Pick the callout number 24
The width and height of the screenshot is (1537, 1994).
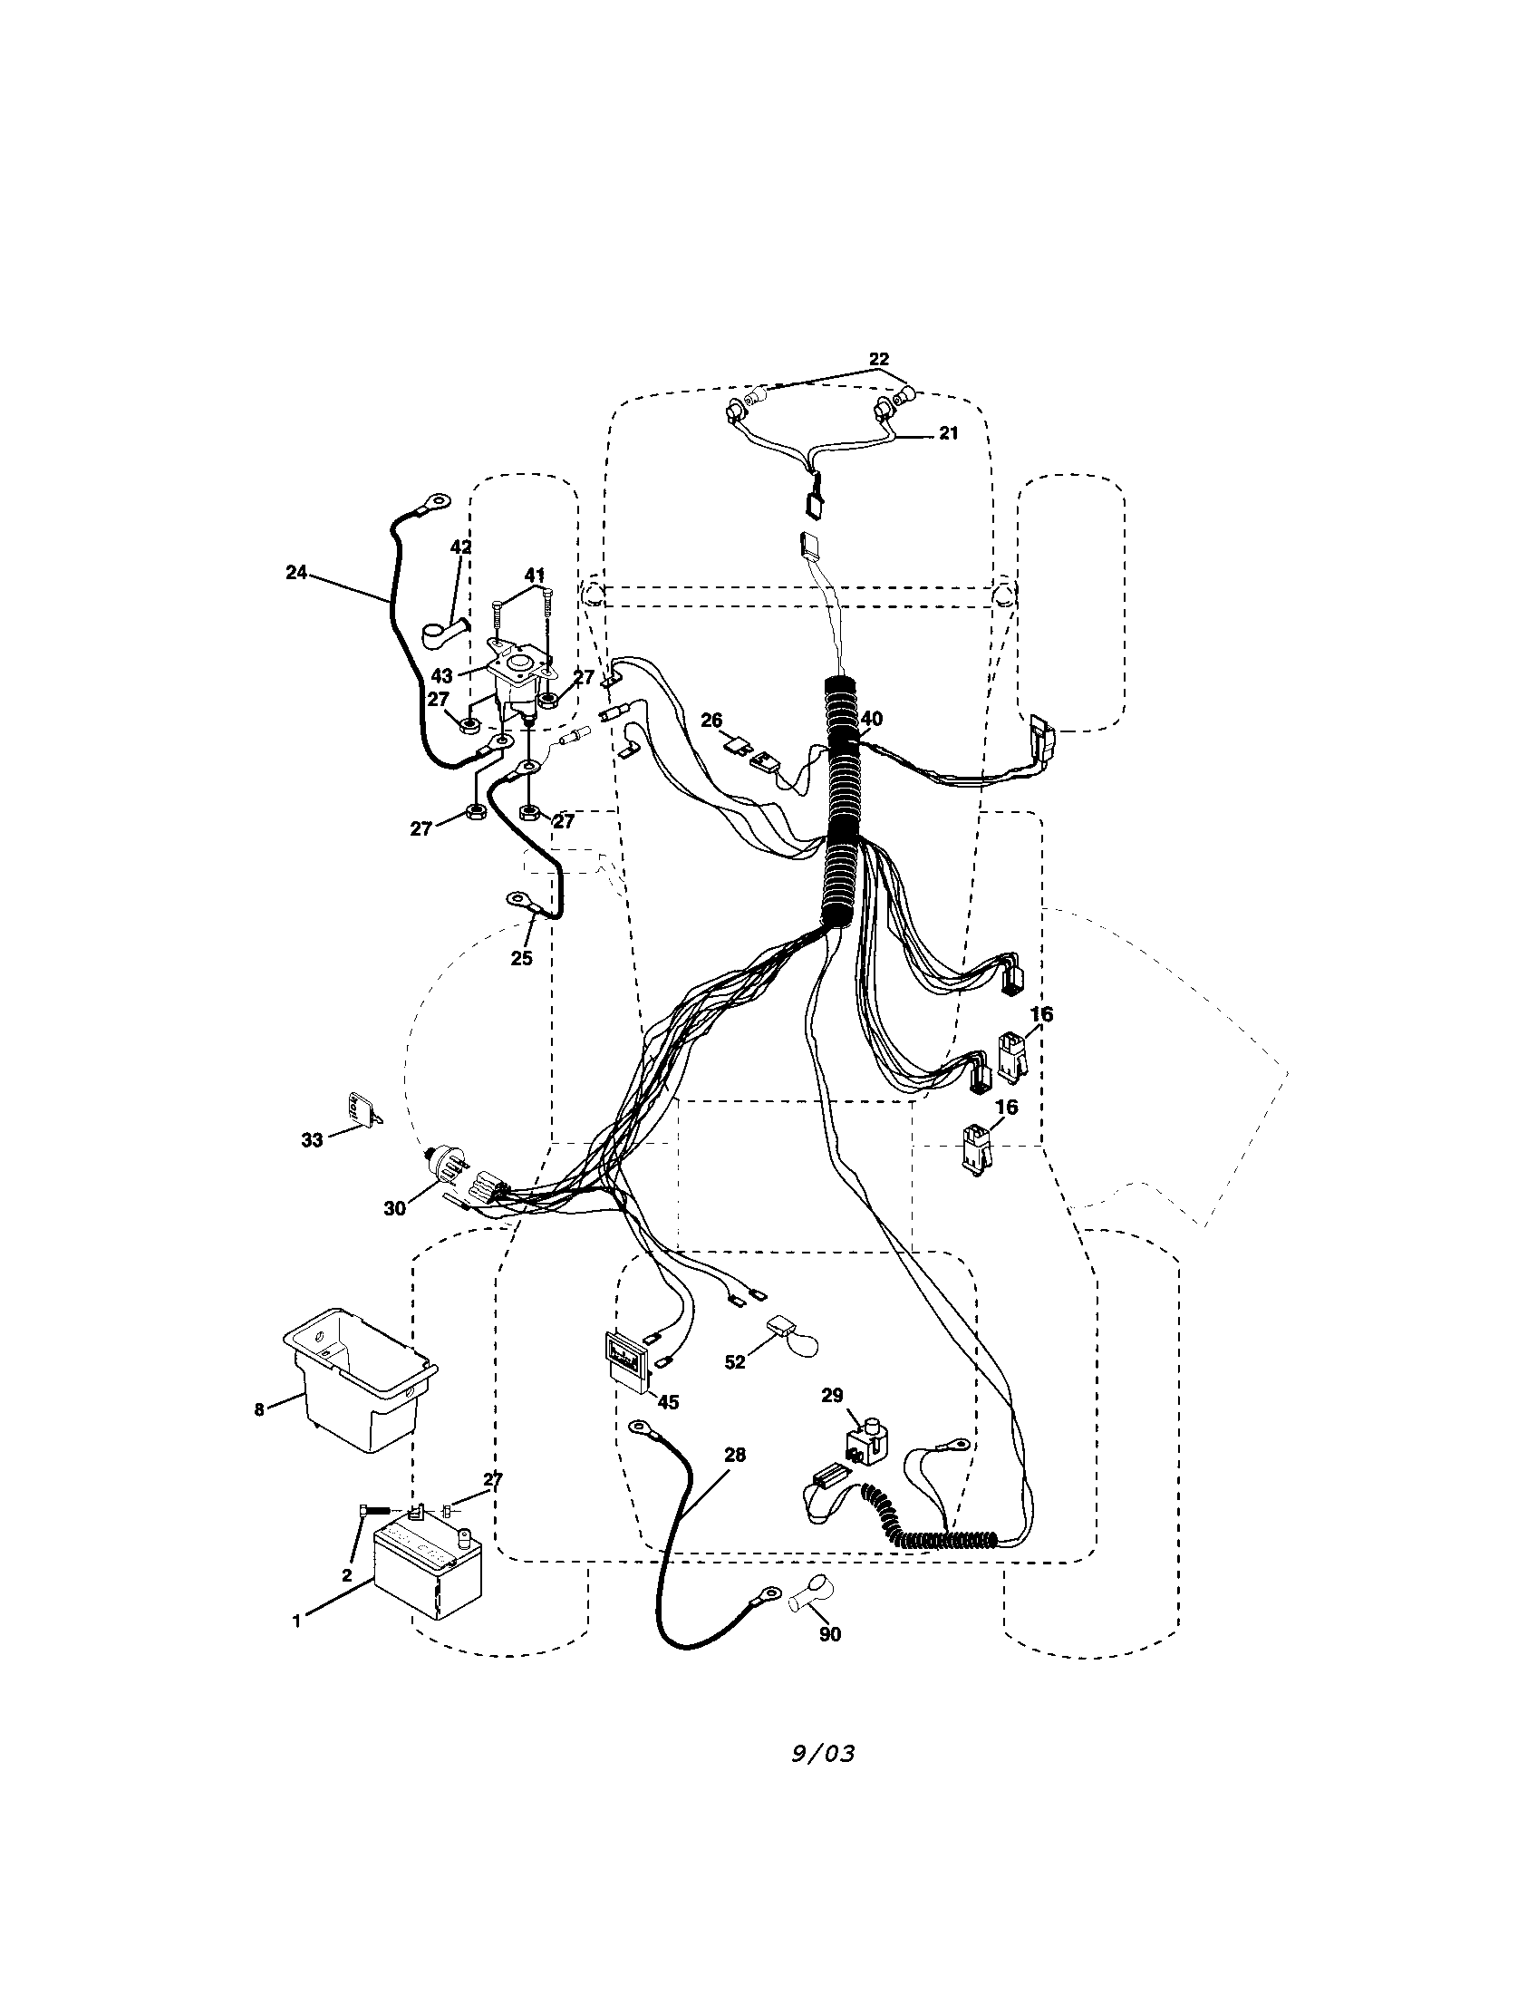(x=295, y=573)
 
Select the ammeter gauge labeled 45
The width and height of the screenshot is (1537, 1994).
(x=628, y=1365)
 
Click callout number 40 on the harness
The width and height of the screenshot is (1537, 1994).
(x=872, y=719)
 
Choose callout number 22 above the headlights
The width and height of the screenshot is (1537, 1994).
(x=878, y=359)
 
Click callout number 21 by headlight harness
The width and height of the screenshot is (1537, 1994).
(x=948, y=432)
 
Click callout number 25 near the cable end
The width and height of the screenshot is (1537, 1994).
(x=521, y=959)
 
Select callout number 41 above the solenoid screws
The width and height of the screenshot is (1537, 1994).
(x=535, y=575)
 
